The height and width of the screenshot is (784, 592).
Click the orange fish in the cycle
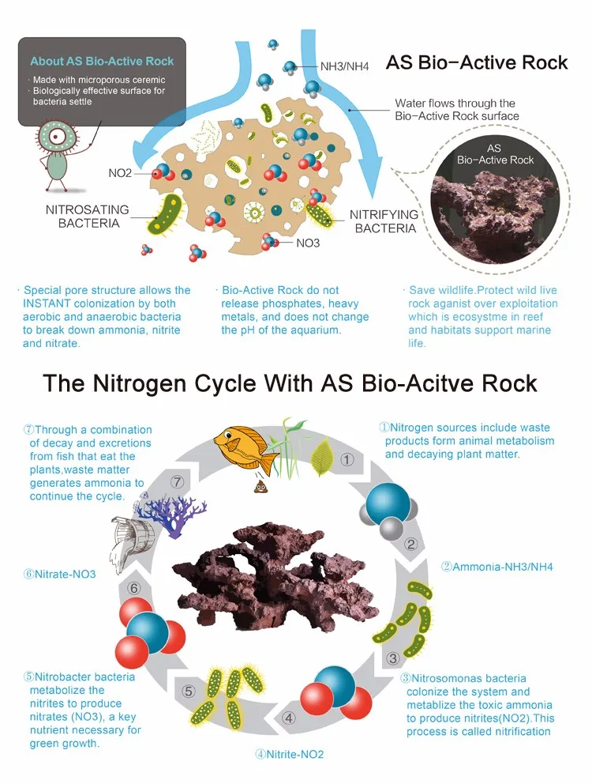[246, 449]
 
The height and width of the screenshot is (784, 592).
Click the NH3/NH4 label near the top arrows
[345, 66]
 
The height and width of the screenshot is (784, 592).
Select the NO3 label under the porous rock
[308, 243]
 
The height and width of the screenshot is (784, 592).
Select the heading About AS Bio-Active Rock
[102, 61]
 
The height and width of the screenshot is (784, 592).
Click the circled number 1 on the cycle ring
[347, 459]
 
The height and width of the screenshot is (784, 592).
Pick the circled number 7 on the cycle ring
[178, 481]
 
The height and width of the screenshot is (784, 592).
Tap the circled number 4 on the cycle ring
[289, 718]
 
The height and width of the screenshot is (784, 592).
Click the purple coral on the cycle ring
[174, 514]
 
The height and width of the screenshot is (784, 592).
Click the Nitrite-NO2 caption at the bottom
[289, 754]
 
